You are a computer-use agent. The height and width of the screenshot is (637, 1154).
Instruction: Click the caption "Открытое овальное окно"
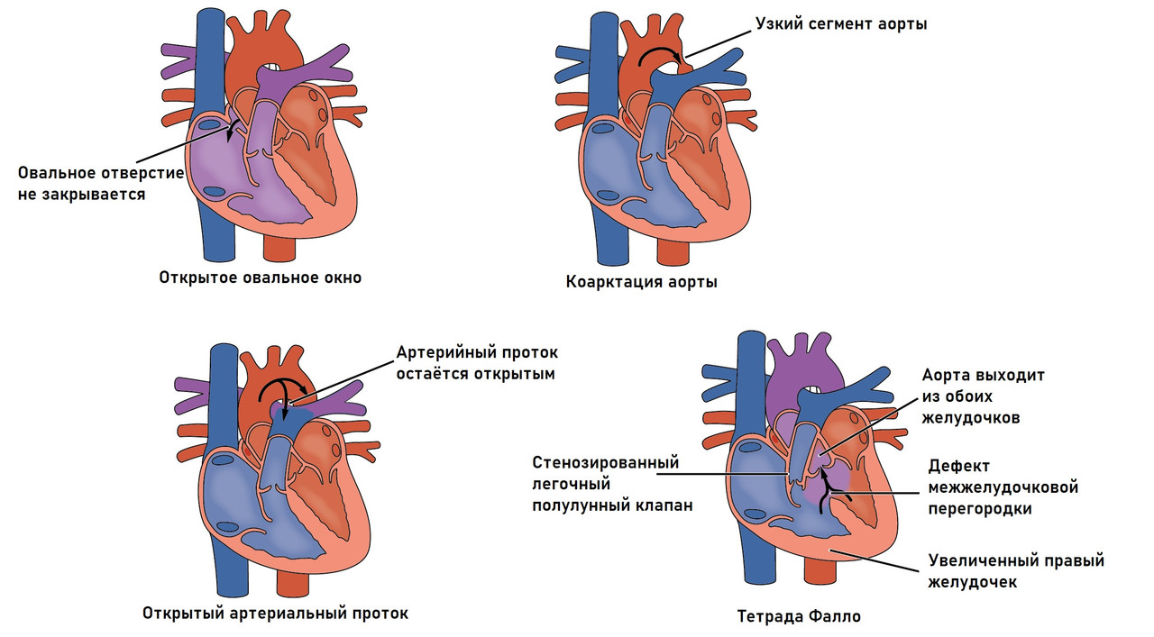(261, 278)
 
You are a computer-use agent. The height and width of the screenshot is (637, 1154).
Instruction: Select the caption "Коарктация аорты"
(642, 282)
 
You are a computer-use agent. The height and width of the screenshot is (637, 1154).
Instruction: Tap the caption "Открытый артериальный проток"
(275, 614)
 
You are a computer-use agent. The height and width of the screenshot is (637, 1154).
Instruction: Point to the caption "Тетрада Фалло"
(799, 617)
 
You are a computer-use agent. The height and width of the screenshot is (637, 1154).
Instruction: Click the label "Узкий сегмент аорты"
(842, 24)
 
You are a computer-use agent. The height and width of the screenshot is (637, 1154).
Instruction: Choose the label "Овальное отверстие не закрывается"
(101, 183)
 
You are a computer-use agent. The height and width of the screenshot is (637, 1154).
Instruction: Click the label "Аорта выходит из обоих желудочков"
(983, 396)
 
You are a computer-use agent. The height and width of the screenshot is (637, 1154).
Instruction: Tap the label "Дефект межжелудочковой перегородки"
(1003, 487)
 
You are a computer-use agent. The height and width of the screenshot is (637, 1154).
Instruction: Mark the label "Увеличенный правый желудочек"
(1016, 571)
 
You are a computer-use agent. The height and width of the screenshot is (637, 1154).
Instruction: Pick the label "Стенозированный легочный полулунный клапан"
(612, 484)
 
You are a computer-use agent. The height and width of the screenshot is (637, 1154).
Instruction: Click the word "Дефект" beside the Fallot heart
(959, 466)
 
